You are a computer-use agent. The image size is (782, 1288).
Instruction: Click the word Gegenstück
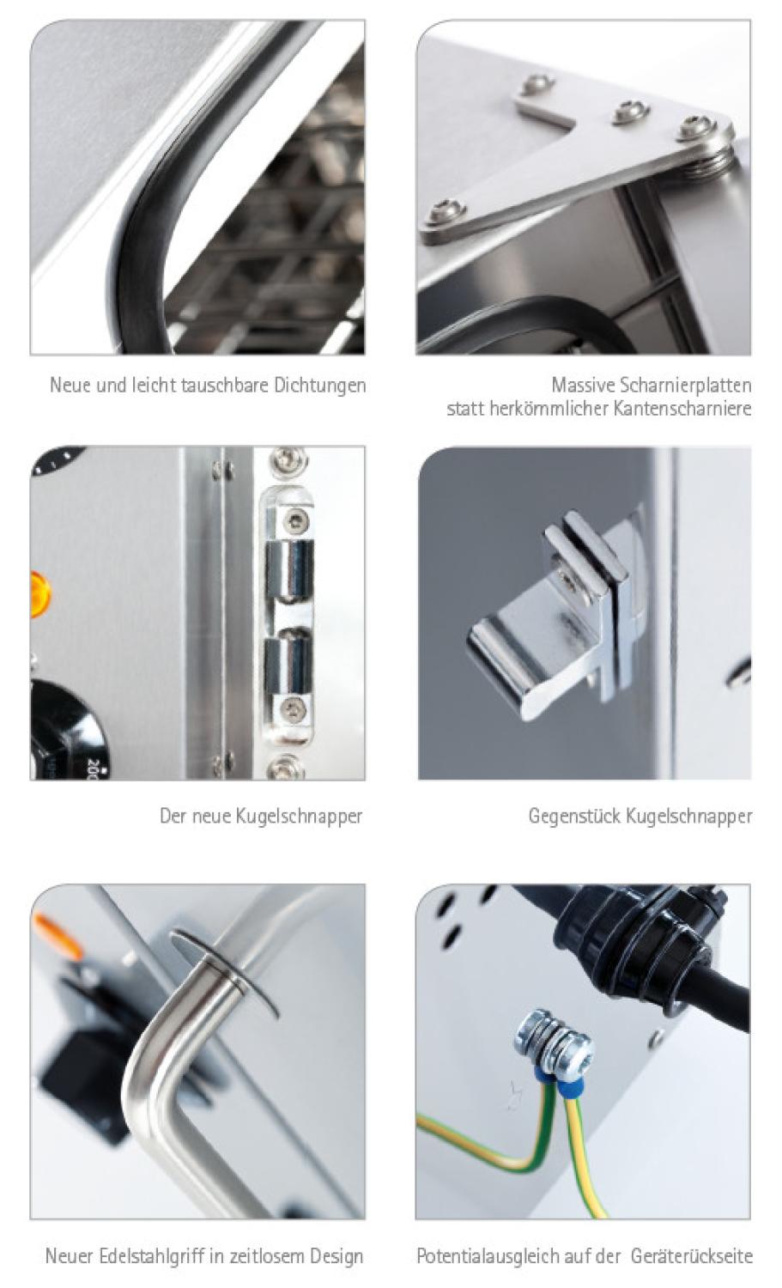[574, 816]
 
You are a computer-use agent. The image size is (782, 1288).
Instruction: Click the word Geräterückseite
[692, 1256]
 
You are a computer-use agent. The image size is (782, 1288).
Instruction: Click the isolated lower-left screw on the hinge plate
[445, 211]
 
